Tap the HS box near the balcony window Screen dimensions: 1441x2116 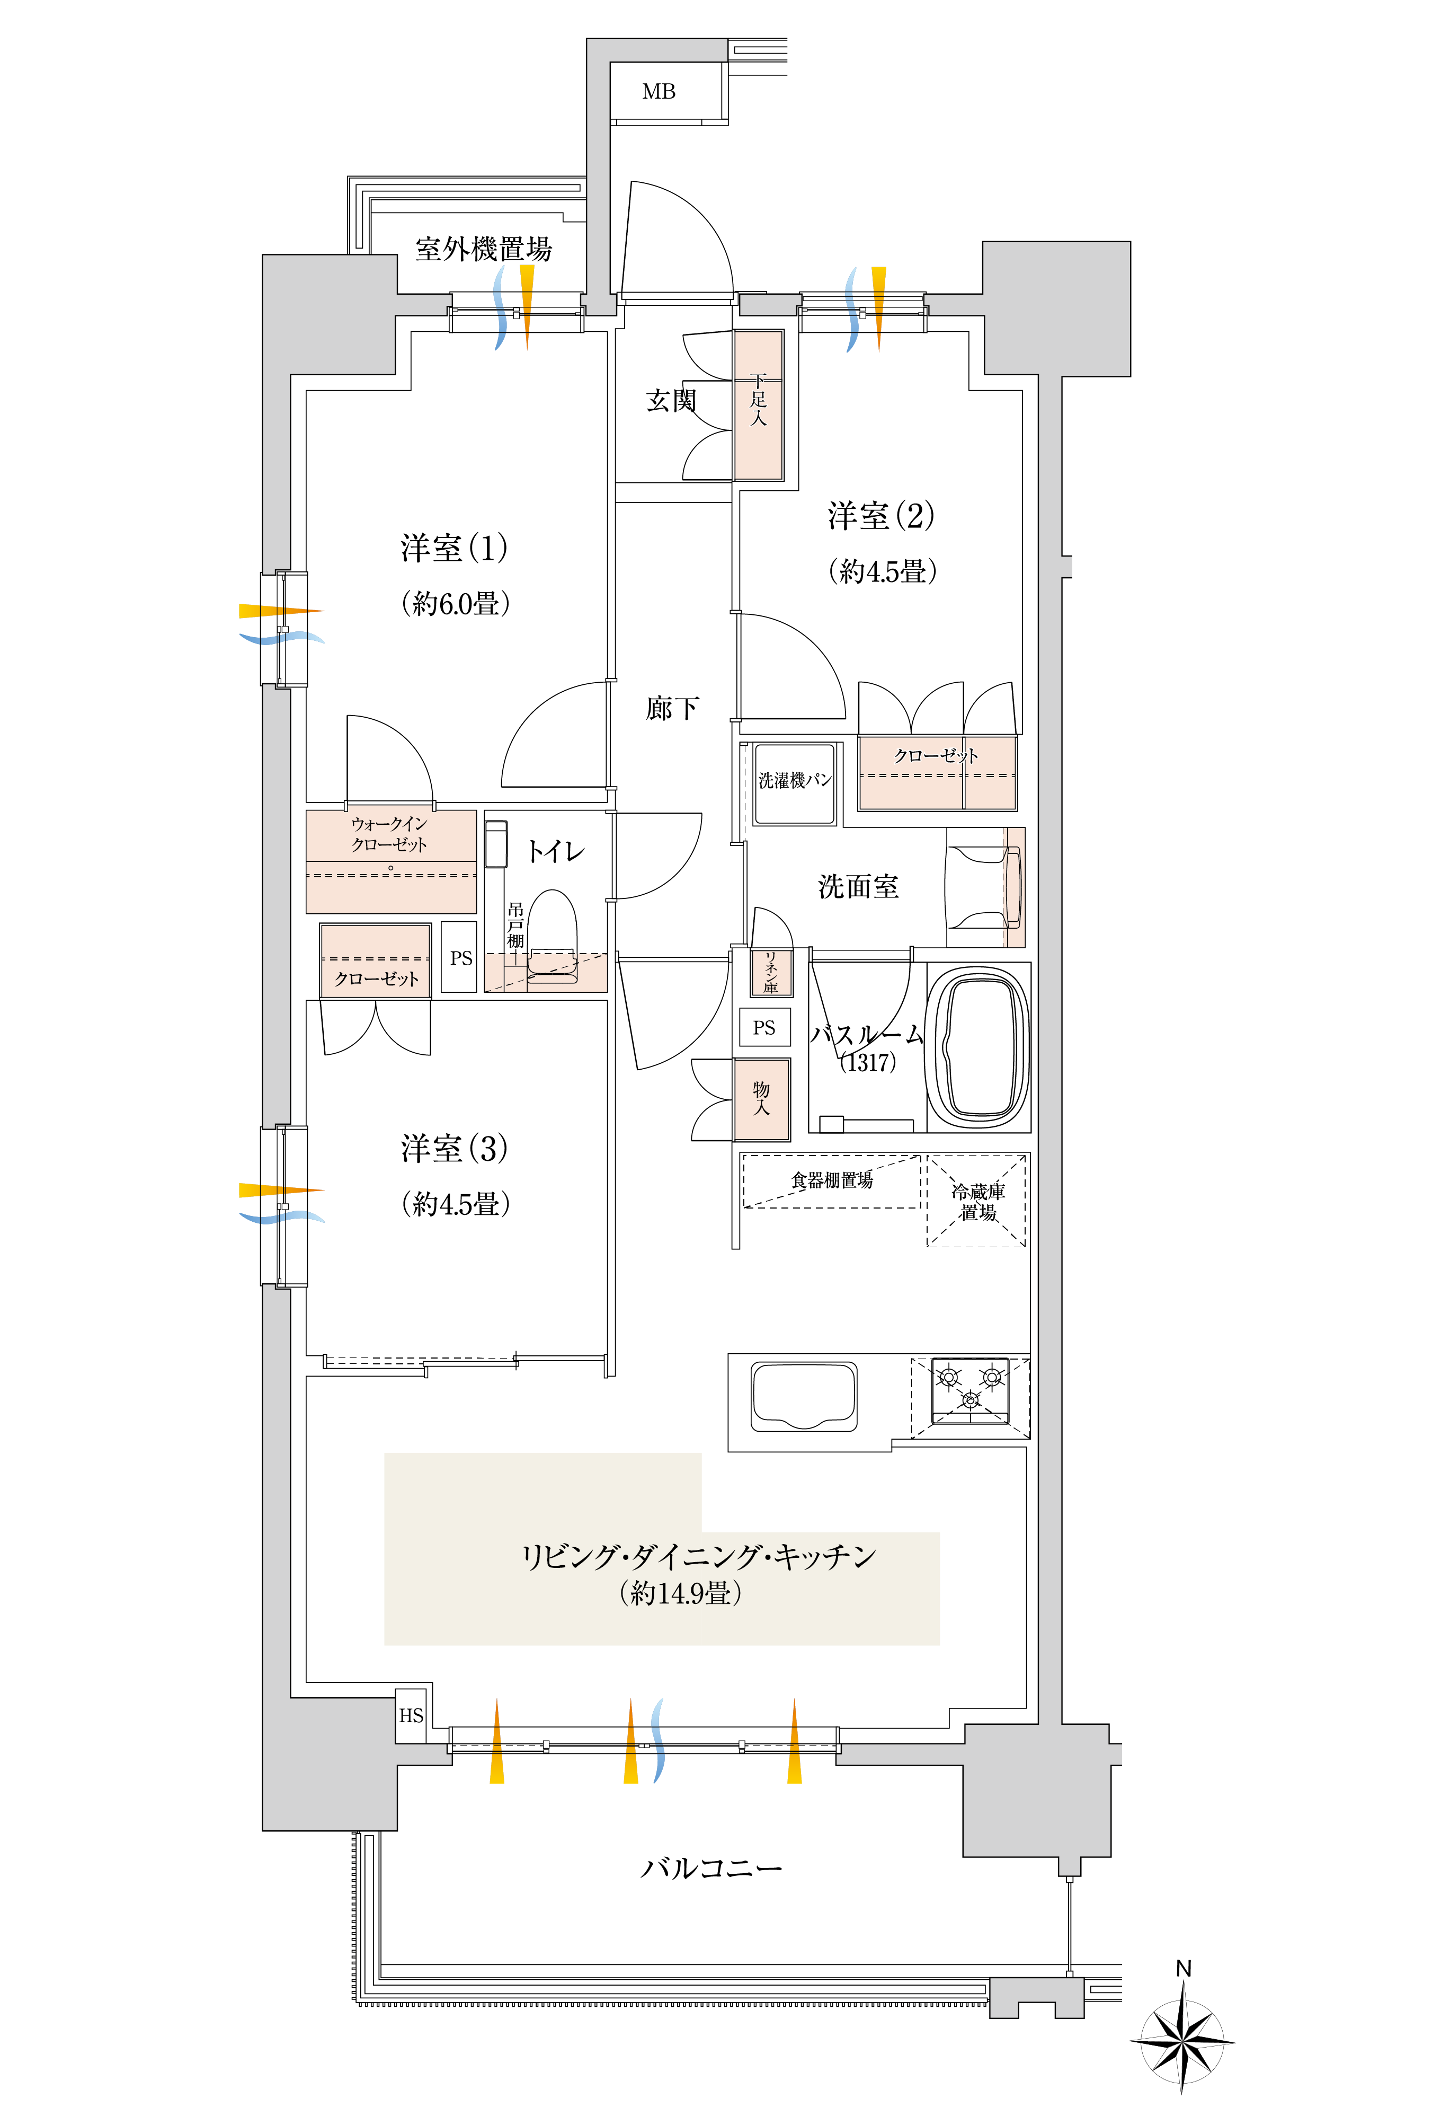[412, 1715]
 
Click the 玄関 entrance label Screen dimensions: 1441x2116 [671, 401]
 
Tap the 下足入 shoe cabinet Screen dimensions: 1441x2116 [758, 404]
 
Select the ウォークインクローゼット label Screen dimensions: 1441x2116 [389, 834]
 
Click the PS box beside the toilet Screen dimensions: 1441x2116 [460, 958]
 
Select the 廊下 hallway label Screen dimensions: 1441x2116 [673, 708]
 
